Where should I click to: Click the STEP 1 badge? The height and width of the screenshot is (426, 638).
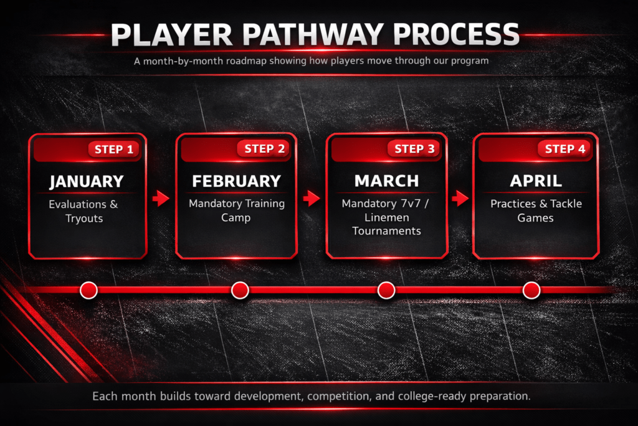pyautogui.click(x=113, y=150)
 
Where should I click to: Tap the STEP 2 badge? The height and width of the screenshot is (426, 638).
pyautogui.click(x=264, y=148)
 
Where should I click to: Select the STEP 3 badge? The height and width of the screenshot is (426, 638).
pyautogui.click(x=414, y=148)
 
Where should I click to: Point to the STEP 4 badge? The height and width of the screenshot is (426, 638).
pyautogui.click(x=564, y=148)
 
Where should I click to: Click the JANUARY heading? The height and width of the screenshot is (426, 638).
pyautogui.click(x=86, y=182)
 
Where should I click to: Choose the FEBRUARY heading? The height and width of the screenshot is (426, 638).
pyautogui.click(x=236, y=182)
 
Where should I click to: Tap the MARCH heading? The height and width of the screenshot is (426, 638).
pyautogui.click(x=386, y=181)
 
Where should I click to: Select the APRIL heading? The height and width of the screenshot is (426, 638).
pyautogui.click(x=536, y=181)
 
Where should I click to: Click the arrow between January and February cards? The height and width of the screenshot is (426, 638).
pyautogui.click(x=161, y=198)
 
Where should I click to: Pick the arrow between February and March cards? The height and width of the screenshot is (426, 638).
pyautogui.click(x=312, y=198)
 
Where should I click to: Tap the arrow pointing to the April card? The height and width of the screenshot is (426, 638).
pyautogui.click(x=460, y=198)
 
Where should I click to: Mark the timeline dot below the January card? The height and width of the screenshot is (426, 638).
pyautogui.click(x=88, y=291)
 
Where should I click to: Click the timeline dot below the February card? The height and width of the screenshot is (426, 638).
pyautogui.click(x=240, y=291)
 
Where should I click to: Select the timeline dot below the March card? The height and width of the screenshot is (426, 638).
pyautogui.click(x=386, y=291)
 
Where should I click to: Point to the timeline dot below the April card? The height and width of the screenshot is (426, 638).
pyautogui.click(x=531, y=291)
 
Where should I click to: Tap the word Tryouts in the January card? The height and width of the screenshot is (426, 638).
pyautogui.click(x=84, y=219)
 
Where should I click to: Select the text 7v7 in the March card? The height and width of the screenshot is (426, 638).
pyautogui.click(x=411, y=203)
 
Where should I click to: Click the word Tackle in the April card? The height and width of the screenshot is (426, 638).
pyautogui.click(x=566, y=203)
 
